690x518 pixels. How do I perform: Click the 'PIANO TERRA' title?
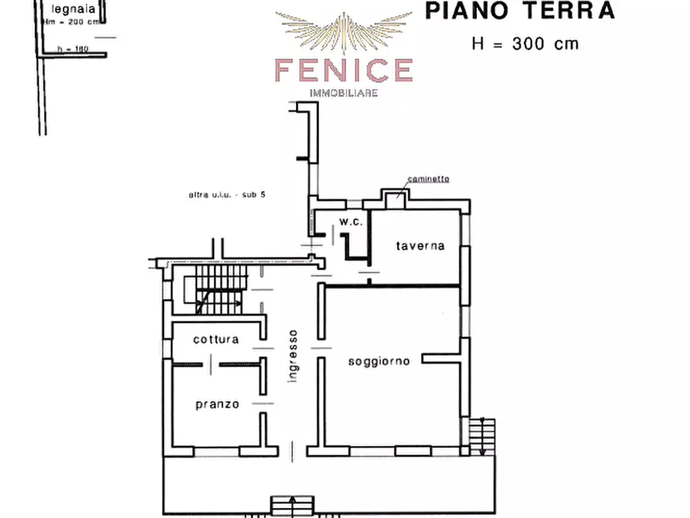point(520,11)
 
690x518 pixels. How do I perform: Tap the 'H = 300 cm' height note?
point(525,43)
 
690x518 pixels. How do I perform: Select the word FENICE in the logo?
point(343,70)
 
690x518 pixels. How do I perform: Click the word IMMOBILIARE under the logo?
point(343,93)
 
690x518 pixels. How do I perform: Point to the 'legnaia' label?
point(69,10)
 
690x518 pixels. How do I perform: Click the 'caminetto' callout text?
point(430,179)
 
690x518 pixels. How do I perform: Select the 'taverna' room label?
point(420,246)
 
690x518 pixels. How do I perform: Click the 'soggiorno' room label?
point(378,360)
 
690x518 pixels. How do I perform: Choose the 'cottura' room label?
point(216,339)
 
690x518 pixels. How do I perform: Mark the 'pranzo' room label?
point(216,404)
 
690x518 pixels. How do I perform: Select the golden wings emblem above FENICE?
point(344,31)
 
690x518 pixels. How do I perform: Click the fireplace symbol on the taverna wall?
point(397,194)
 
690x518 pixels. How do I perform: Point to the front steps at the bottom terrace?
point(291,506)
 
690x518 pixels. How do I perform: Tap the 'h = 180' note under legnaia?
point(73,49)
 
